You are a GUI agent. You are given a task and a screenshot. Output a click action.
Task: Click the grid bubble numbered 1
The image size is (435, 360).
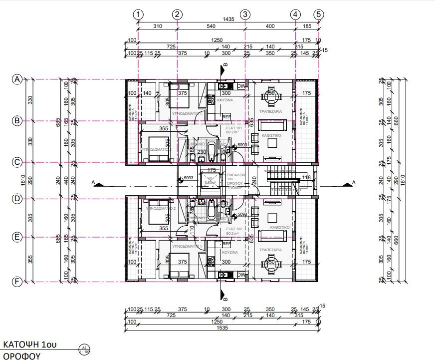click(x=138, y=14)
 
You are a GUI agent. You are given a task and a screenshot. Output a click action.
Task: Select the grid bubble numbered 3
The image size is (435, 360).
click(x=245, y=14)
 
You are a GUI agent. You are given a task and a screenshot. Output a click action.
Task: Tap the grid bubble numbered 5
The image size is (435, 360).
click(x=319, y=14)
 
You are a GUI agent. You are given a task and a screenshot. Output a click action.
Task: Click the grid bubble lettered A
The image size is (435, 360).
click(x=17, y=79)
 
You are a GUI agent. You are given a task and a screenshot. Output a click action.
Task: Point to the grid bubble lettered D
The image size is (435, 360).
click(x=17, y=198)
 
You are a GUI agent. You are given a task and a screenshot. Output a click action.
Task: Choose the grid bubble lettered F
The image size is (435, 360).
click(x=17, y=282)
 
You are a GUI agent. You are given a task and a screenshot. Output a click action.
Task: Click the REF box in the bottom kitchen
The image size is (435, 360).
click(x=226, y=244)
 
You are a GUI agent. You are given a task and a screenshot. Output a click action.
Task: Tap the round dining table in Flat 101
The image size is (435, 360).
click(x=272, y=99)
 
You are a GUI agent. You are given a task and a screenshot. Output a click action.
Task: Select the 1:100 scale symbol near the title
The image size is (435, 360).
click(x=84, y=349)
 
